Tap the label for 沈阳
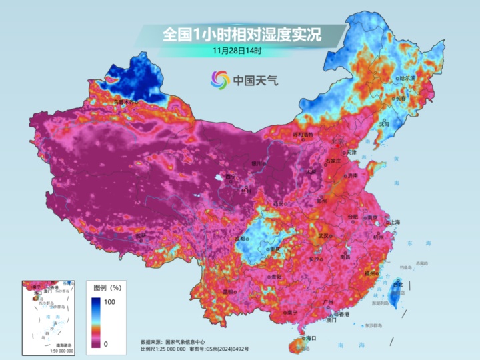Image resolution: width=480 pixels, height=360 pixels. pyautogui.click(x=384, y=123)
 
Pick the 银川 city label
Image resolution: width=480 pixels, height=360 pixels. pyautogui.click(x=257, y=163)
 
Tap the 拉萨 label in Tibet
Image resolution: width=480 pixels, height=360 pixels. pyautogui.click(x=140, y=235)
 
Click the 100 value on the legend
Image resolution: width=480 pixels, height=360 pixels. pyautogui.click(x=110, y=302)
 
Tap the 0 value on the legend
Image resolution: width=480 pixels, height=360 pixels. pyautogui.click(x=106, y=343)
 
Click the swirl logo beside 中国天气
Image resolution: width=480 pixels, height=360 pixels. pyautogui.click(x=219, y=80)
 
